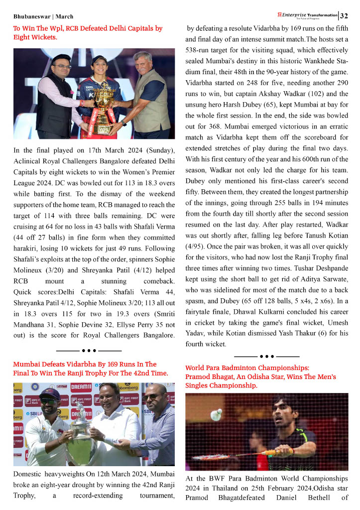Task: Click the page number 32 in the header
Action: pyautogui.click(x=344, y=16)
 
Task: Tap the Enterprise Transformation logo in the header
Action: pyautogui.click(x=309, y=15)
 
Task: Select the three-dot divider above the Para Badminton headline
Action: pyautogui.click(x=266, y=357)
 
